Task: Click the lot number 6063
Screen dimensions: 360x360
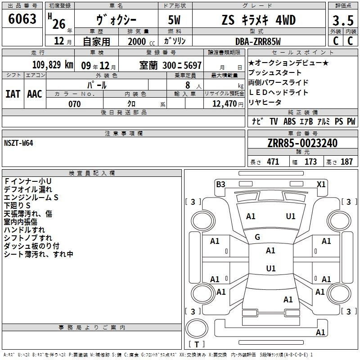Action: click(x=22, y=18)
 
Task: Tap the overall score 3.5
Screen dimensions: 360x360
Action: click(x=343, y=20)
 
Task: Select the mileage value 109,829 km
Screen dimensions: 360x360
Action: click(x=53, y=65)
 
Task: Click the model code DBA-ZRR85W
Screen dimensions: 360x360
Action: click(x=258, y=41)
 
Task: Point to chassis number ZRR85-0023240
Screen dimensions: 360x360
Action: click(x=302, y=143)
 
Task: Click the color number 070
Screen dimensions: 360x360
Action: click(x=75, y=104)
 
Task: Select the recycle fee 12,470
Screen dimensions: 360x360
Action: click(x=224, y=104)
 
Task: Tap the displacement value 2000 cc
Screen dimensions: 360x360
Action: click(x=141, y=41)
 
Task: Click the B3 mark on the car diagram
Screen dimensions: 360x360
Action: click(x=220, y=184)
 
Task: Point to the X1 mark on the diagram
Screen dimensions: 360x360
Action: click(x=321, y=184)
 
